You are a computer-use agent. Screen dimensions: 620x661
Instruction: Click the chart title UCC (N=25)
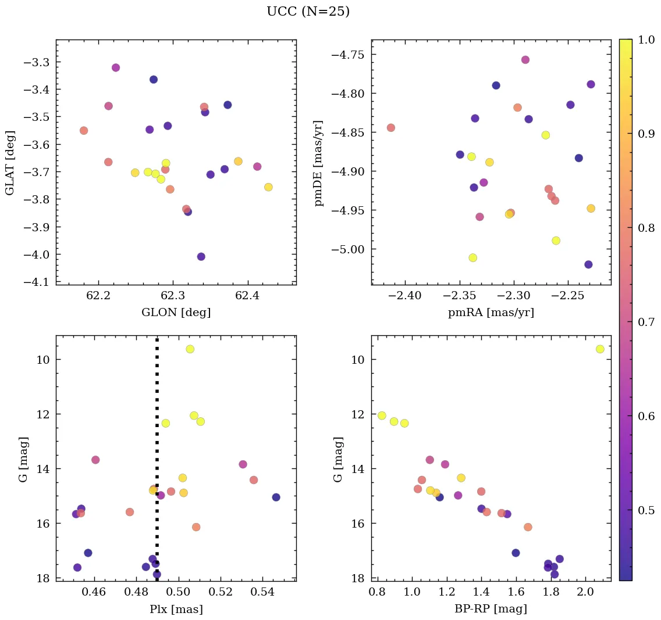click(308, 12)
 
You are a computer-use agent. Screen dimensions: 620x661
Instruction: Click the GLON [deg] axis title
click(176, 313)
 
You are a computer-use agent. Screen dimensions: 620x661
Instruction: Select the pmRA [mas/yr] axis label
click(491, 313)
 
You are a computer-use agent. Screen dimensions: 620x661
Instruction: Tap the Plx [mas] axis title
click(176, 609)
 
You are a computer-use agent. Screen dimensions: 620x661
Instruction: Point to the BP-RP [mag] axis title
click(491, 609)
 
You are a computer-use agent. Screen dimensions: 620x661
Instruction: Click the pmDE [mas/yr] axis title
click(319, 163)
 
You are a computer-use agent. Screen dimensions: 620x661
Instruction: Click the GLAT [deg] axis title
click(10, 163)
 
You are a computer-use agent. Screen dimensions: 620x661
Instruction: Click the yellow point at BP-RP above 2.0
click(600, 349)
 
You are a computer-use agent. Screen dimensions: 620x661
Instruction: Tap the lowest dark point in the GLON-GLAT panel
click(201, 257)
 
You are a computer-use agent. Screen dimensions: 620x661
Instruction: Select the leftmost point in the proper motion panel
click(391, 128)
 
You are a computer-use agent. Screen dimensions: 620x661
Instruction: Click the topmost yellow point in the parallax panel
click(190, 349)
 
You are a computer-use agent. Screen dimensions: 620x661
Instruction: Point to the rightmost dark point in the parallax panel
click(276, 497)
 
